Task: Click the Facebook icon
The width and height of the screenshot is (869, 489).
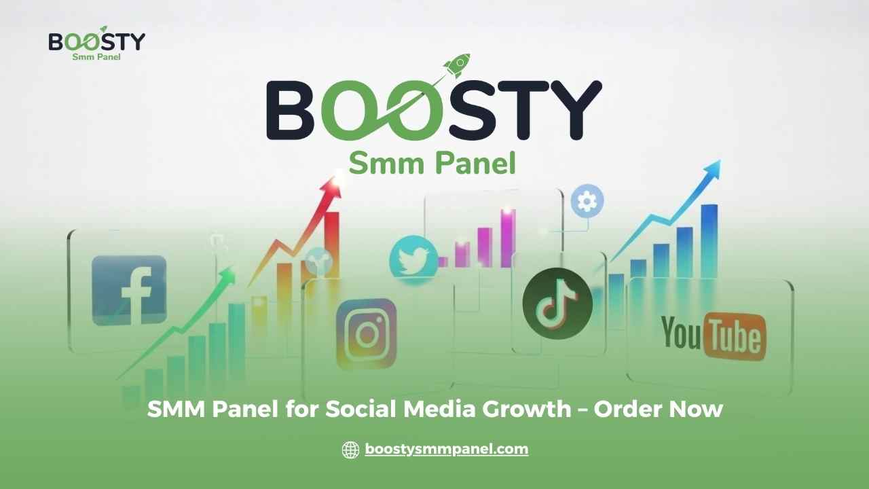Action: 129,290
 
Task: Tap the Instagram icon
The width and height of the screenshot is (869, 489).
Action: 367,333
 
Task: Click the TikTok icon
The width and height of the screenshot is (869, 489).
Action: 557,304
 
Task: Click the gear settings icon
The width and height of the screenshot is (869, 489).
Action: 587,201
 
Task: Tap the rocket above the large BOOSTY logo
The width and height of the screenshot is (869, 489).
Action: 456,65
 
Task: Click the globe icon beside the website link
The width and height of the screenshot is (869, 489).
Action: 350,450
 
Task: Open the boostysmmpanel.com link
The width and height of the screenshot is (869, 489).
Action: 446,449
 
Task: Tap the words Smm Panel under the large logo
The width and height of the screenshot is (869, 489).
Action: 432,164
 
